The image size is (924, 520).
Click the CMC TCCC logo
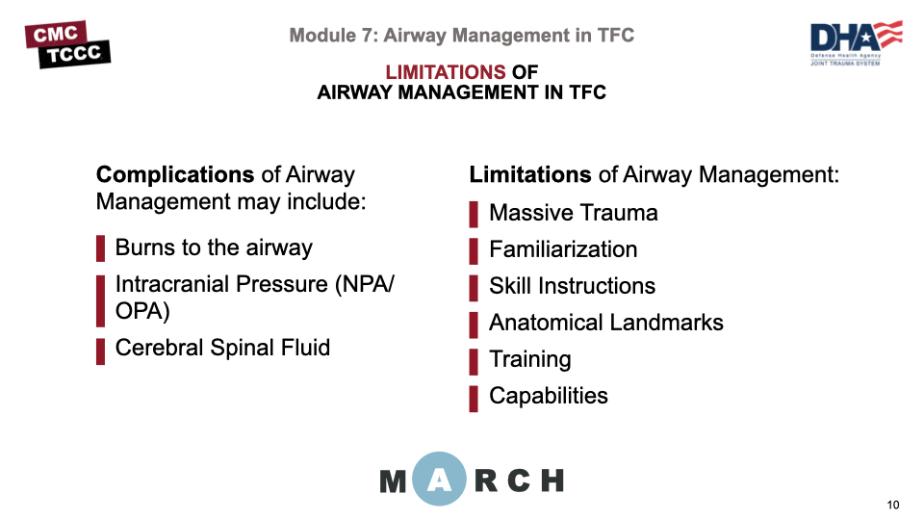(x=67, y=44)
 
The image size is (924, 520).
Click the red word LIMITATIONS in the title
(x=445, y=72)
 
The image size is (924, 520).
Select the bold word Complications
(x=175, y=175)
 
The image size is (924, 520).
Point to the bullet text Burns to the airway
(x=214, y=247)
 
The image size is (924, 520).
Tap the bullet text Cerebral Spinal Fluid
(x=222, y=348)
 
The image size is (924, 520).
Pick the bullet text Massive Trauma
(x=574, y=213)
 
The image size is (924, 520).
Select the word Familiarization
(x=563, y=249)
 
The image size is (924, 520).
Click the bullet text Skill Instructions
(x=572, y=286)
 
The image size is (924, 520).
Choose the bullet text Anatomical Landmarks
(x=606, y=323)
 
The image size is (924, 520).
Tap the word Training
(x=530, y=359)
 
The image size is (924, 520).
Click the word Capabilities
(x=549, y=396)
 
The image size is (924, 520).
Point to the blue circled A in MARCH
(x=440, y=480)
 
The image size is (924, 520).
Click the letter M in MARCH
(x=394, y=481)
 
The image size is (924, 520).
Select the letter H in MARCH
(x=550, y=480)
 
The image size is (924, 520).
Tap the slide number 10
(x=892, y=506)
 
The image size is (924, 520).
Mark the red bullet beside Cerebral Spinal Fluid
(x=100, y=351)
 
